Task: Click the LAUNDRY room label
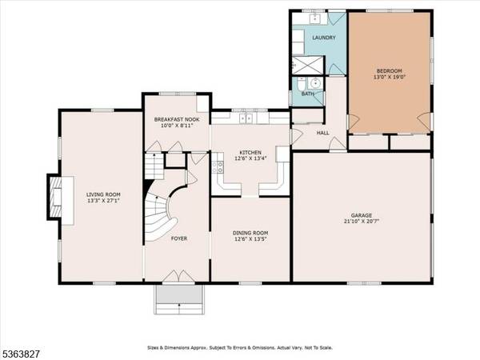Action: (323, 38)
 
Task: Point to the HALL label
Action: (322, 133)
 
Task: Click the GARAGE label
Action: (362, 215)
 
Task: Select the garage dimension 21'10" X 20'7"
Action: (362, 222)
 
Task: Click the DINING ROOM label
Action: (250, 232)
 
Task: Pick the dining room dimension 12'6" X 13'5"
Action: (250, 239)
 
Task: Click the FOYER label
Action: (179, 261)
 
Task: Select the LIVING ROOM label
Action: (102, 193)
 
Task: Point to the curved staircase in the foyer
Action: (160, 206)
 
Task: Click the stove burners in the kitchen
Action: (218, 167)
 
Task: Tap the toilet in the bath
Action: (300, 84)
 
